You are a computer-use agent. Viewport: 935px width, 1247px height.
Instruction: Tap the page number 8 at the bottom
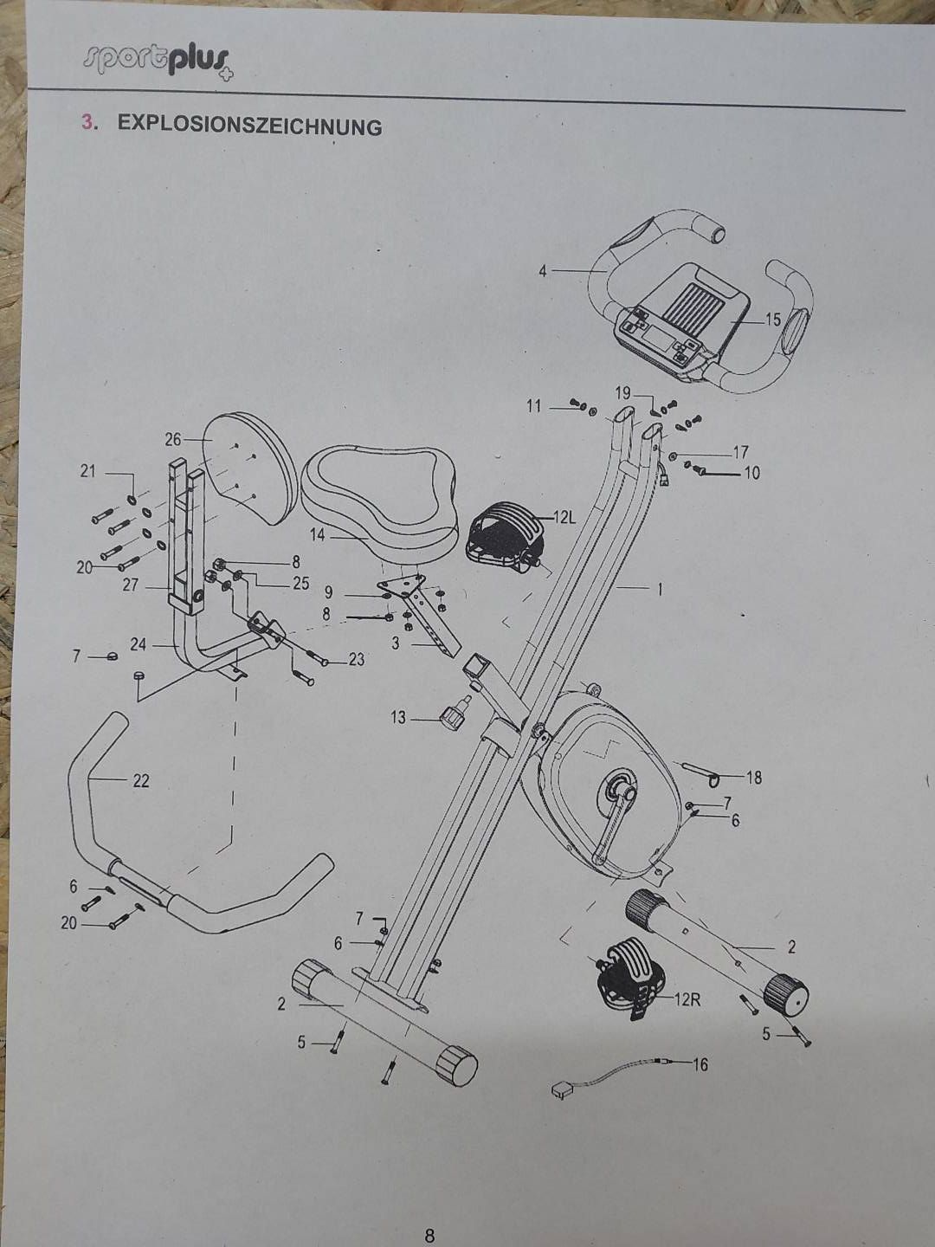point(429,1231)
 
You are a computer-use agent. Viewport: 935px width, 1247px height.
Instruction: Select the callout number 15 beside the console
point(773,320)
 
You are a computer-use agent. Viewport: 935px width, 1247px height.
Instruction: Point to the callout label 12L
point(564,518)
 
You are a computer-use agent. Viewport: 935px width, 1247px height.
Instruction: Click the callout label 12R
point(687,1000)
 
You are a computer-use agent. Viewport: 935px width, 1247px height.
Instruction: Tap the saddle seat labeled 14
point(379,499)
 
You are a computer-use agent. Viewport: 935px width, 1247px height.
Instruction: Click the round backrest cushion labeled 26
point(250,468)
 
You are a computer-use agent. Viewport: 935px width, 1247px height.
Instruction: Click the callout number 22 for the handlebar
point(141,781)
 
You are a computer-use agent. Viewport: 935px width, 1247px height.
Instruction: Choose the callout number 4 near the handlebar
point(543,272)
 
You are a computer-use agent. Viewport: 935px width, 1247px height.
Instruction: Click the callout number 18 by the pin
point(754,778)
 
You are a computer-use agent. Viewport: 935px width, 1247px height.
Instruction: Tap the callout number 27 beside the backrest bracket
point(130,585)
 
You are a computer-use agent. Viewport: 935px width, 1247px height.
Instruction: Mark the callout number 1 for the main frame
point(659,590)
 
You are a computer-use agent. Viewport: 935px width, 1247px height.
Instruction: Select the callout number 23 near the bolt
point(356,660)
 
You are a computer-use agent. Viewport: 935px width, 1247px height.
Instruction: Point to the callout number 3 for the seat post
point(396,643)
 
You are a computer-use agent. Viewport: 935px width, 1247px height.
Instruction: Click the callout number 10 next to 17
point(751,473)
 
